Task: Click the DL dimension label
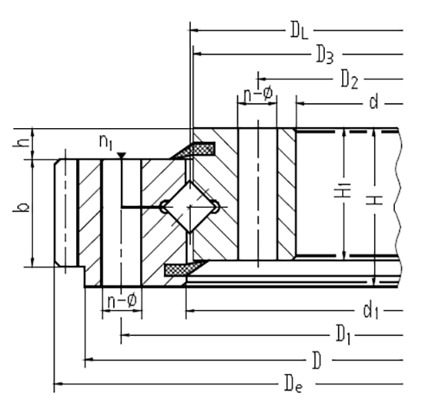pyautogui.click(x=299, y=30)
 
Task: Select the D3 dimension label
pyautogui.click(x=326, y=55)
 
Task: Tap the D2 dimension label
pyautogui.click(x=350, y=80)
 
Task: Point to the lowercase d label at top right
pyautogui.click(x=373, y=102)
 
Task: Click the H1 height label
pyautogui.click(x=342, y=190)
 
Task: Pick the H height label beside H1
pyautogui.click(x=374, y=200)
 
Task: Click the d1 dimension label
pyautogui.click(x=371, y=311)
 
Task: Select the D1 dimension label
pyautogui.click(x=343, y=336)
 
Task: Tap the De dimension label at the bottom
pyautogui.click(x=294, y=384)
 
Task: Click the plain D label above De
pyautogui.click(x=317, y=360)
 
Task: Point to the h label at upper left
pyautogui.click(x=22, y=142)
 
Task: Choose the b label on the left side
pyautogui.click(x=22, y=207)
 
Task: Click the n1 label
pyautogui.click(x=105, y=142)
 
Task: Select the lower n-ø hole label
pyautogui.click(x=122, y=301)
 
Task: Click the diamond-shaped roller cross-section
pyautogui.click(x=189, y=207)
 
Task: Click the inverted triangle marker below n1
pyautogui.click(x=122, y=156)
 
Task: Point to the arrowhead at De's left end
pyautogui.click(x=59, y=384)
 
